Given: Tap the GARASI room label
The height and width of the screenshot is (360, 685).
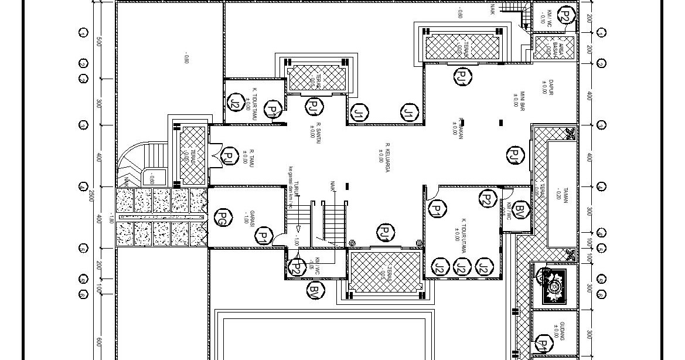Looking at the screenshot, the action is pyautogui.click(x=249, y=218).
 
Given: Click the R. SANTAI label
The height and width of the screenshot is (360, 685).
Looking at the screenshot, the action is pyautogui.click(x=315, y=130).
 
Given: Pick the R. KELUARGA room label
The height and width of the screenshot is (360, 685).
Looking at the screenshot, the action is pyautogui.click(x=384, y=152).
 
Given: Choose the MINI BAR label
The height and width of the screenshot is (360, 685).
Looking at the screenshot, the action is pyautogui.click(x=519, y=98).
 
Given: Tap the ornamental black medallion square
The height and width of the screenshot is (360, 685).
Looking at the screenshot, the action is pyautogui.click(x=553, y=286).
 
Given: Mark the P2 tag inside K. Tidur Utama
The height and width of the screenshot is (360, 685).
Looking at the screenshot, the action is pyautogui.click(x=488, y=198).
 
